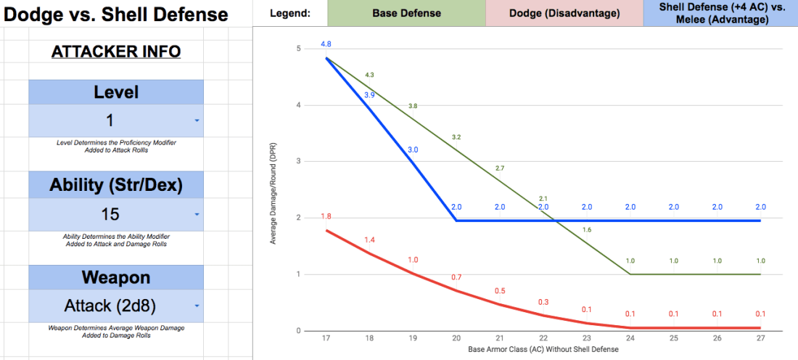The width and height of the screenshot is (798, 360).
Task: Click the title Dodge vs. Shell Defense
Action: (x=115, y=15)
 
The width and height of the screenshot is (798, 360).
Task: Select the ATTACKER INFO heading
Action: (x=116, y=52)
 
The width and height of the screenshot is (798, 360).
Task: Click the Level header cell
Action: (x=116, y=92)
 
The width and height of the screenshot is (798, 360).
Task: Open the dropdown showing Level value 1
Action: (x=116, y=120)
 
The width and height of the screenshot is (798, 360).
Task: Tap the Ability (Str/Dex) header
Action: (x=116, y=186)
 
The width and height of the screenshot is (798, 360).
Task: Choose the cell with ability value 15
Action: (x=116, y=214)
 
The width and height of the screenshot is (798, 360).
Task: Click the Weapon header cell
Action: (x=116, y=279)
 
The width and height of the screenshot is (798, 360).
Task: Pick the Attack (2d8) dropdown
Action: (x=116, y=306)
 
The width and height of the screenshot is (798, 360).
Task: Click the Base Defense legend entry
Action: (x=406, y=13)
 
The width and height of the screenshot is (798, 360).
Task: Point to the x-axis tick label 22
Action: (x=543, y=338)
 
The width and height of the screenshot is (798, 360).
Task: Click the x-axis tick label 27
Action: (x=760, y=338)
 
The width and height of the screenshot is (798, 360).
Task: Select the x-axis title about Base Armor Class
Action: (x=543, y=350)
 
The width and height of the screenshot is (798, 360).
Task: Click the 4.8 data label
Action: (x=326, y=44)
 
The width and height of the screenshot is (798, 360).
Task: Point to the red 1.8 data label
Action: (x=326, y=216)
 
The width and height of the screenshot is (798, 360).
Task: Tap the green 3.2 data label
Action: (x=456, y=136)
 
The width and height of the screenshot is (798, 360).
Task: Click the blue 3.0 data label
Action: (x=413, y=150)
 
